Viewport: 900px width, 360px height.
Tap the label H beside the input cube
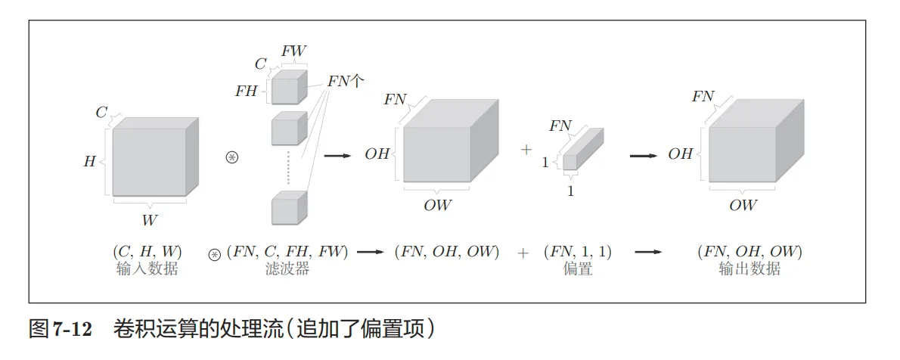tap(90, 161)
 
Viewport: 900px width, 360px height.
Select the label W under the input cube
tap(150, 221)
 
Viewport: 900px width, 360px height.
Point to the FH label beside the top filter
tap(247, 92)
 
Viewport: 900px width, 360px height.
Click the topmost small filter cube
tap(288, 88)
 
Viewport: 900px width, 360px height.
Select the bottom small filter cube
tap(288, 208)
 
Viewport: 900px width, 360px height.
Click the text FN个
tap(346, 82)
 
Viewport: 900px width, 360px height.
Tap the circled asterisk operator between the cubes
tap(232, 157)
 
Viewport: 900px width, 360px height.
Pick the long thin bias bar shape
tap(582, 150)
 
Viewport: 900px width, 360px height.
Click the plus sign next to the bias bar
tap(526, 150)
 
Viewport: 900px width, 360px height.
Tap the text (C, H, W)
tap(147, 253)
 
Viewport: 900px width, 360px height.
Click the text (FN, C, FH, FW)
tap(287, 253)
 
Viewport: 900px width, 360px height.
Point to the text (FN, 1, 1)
tap(578, 253)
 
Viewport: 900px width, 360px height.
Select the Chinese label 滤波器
tap(287, 268)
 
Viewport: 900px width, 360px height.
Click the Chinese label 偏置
tap(578, 268)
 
